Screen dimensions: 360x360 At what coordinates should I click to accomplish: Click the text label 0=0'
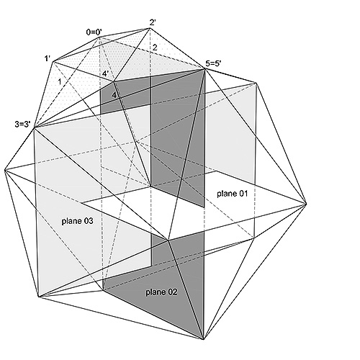94,32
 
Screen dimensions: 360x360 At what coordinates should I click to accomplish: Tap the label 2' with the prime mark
153,22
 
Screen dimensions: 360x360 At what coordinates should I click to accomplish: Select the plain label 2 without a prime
155,48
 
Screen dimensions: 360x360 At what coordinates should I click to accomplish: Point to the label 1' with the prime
47,58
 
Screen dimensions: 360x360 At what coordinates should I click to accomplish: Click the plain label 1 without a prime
60,82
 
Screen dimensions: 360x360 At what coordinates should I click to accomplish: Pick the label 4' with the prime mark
106,73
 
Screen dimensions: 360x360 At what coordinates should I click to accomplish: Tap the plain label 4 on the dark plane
114,95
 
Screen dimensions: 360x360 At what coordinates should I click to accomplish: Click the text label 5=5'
213,63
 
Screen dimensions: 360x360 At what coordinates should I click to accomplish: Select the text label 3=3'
23,125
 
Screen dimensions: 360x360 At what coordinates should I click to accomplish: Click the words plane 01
232,194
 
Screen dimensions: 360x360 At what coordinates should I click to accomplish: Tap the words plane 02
161,292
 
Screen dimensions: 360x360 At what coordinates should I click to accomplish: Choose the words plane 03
77,221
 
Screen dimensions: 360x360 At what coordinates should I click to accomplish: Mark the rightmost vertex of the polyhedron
307,204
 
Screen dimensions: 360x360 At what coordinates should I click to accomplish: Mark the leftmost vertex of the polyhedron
4,170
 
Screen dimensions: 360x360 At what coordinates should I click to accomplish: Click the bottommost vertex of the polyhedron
204,339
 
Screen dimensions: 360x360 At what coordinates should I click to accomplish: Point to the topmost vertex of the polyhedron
150,28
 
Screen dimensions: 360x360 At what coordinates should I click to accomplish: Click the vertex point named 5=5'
205,69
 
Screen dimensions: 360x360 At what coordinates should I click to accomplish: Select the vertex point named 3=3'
35,127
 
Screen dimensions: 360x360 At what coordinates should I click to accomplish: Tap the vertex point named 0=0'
99,37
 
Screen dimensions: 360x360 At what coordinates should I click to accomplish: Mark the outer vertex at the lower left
38,297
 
